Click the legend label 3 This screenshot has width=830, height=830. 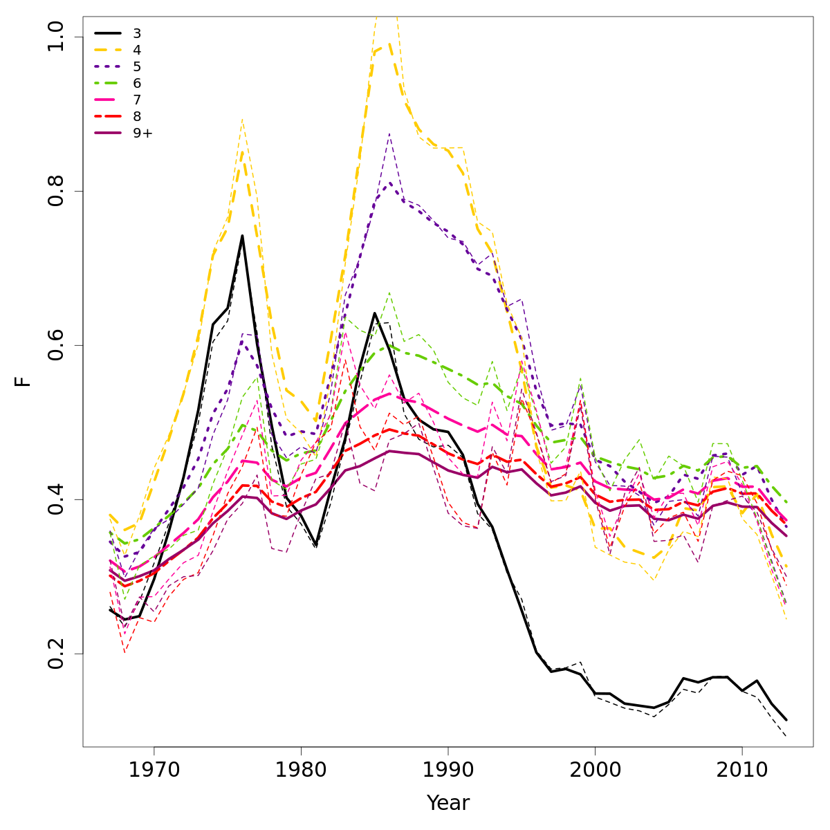(x=137, y=33)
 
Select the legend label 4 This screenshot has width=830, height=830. (x=137, y=50)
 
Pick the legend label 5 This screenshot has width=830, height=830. (x=137, y=66)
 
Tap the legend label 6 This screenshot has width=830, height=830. (x=137, y=83)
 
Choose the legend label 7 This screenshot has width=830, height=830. (x=137, y=100)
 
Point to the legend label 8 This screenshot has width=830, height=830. (x=137, y=116)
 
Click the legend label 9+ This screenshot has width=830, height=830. (x=142, y=133)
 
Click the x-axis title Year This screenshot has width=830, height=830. (x=448, y=803)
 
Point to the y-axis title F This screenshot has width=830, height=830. (x=24, y=381)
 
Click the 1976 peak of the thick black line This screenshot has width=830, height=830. (x=242, y=236)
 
